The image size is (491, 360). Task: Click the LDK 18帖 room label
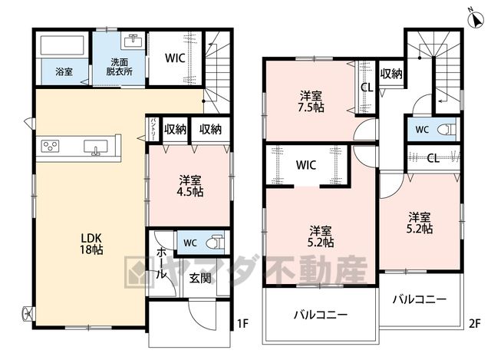click(91, 243)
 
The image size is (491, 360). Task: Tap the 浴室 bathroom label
click(64, 71)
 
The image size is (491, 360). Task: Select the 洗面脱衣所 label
click(120, 67)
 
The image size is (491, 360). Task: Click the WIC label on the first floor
click(175, 58)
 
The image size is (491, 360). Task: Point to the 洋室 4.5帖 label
click(190, 186)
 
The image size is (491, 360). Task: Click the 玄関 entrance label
click(200, 278)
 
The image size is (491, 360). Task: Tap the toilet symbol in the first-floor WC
click(216, 243)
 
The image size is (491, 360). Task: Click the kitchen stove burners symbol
click(51, 146)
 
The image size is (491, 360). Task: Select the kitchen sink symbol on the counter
click(96, 147)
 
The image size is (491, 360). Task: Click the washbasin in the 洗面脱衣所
click(134, 41)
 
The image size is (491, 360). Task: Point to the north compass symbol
click(476, 18)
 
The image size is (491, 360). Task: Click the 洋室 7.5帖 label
click(311, 101)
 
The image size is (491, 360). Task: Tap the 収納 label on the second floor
click(391, 74)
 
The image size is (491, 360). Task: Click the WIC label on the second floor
click(306, 165)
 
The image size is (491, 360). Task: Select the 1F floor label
click(242, 323)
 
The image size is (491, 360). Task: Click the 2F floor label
click(474, 323)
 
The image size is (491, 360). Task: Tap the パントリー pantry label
click(153, 129)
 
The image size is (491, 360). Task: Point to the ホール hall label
click(161, 263)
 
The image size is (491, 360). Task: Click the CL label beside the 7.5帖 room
click(367, 88)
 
